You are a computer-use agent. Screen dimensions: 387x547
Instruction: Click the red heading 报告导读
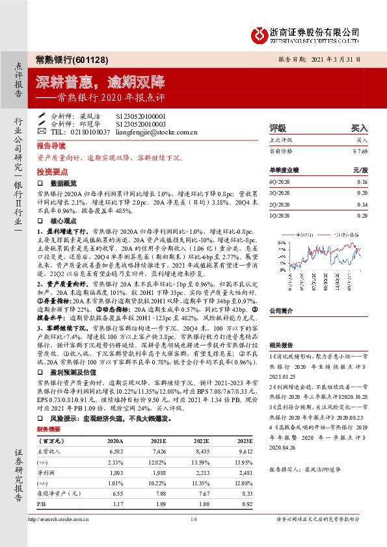51,146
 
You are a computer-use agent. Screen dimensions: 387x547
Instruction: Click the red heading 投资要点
51,172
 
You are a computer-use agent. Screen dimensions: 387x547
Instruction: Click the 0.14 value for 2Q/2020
362,204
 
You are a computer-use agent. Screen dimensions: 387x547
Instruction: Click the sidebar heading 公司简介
280,311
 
